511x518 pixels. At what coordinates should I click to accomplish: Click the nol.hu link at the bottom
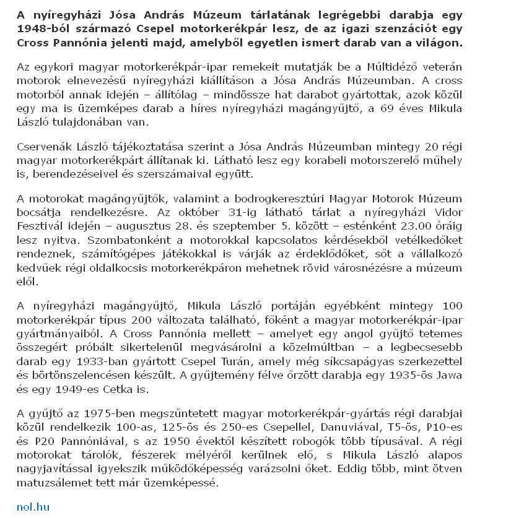click(33, 507)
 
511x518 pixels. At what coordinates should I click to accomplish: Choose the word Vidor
click(447, 212)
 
